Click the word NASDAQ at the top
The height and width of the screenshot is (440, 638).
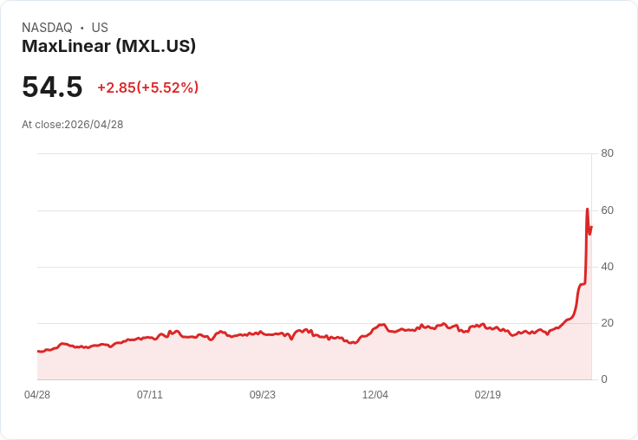[x=47, y=28]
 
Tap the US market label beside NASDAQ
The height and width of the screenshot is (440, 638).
[x=100, y=28]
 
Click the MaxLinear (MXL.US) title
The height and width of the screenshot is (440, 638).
[x=108, y=46]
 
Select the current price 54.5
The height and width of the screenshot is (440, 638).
[x=52, y=87]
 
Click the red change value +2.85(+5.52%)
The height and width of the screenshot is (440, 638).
[x=147, y=87]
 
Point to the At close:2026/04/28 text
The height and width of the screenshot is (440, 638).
[x=73, y=125]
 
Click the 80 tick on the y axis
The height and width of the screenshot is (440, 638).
[x=607, y=153]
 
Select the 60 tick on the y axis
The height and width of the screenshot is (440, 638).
[x=607, y=210]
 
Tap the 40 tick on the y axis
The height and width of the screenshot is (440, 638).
[x=607, y=267]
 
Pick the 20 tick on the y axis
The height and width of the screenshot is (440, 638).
[x=607, y=323]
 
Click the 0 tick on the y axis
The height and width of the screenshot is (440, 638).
[x=604, y=379]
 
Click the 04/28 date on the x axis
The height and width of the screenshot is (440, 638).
[x=37, y=395]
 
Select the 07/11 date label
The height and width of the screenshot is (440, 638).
[x=150, y=395]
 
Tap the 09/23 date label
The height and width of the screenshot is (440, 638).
[x=263, y=395]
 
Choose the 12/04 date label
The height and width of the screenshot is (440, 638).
[x=375, y=395]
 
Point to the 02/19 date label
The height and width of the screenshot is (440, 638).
[x=488, y=395]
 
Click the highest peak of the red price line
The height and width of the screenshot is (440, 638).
[x=587, y=210]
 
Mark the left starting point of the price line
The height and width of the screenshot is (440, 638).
[x=38, y=351]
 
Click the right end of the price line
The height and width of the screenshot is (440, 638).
[x=591, y=227]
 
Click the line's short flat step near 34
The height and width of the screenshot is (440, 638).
[x=583, y=283]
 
